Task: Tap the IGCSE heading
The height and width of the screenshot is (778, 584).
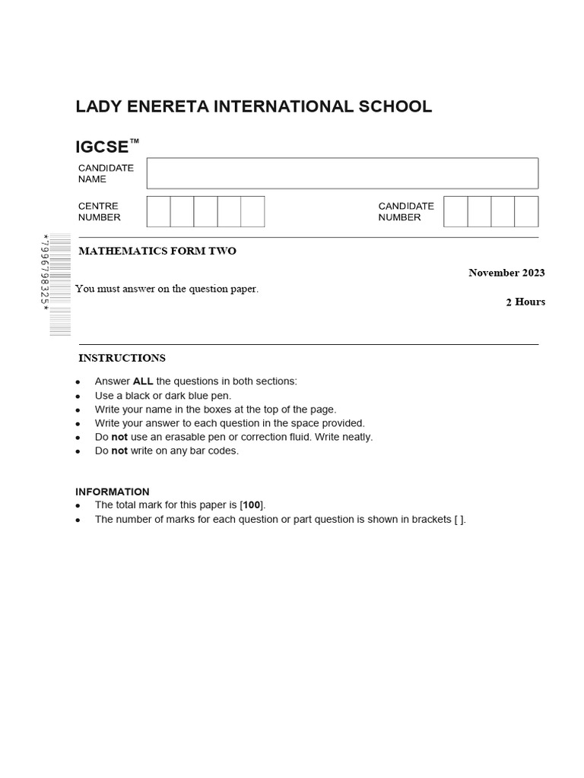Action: pos(103,146)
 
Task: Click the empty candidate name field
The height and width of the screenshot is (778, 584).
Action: pos(342,173)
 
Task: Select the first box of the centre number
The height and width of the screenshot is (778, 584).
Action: pos(158,211)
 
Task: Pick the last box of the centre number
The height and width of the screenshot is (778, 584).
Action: pos(252,211)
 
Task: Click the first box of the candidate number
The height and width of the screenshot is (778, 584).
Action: pos(455,211)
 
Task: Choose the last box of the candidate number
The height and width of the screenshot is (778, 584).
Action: pos(526,211)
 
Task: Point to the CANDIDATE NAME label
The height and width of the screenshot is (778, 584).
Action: pos(106,173)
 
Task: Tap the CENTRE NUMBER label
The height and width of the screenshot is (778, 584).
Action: pos(99,211)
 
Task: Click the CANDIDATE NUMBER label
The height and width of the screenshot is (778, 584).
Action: pos(406,211)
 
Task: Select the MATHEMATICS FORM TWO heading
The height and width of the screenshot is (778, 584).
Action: pos(157,251)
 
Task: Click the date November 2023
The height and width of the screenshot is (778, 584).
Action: pos(506,273)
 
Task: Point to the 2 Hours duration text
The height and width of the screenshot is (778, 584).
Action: pos(525,302)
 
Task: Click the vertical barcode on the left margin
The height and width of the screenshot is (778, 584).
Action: pos(60,285)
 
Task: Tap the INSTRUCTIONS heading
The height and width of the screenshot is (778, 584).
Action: pos(122,358)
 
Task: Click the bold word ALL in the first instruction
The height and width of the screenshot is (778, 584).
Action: pos(143,381)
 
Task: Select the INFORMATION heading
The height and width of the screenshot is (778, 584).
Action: pos(113,492)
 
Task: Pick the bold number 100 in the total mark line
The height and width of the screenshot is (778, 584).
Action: pos(252,505)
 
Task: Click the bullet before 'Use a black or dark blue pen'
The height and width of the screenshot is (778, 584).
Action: pos(78,397)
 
